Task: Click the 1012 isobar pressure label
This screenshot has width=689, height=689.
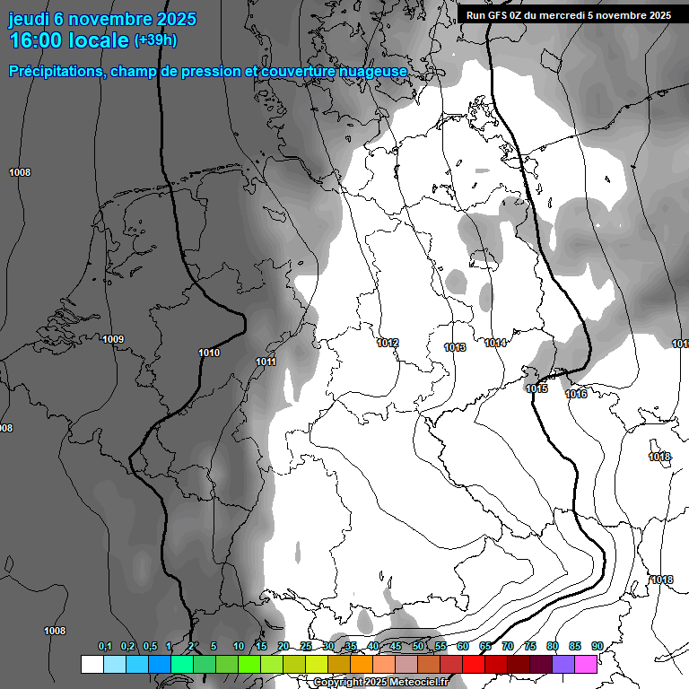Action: coord(388,343)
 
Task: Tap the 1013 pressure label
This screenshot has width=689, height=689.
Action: coord(455,347)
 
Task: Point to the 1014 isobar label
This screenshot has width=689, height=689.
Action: coord(496,343)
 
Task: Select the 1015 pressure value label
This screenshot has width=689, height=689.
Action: coord(536,388)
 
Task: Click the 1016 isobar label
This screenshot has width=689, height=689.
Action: coord(576,394)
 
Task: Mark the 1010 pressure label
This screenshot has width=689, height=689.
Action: coord(209,353)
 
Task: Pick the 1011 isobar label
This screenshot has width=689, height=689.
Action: coord(266,362)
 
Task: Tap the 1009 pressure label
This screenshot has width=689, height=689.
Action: coord(113,339)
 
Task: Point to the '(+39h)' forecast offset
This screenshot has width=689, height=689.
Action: coord(156,40)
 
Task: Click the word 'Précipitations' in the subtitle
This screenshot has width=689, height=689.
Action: coord(54,71)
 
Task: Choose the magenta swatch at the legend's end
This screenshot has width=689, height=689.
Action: coord(586,664)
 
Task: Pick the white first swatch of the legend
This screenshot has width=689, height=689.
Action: coord(92,664)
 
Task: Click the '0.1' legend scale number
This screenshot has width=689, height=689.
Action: coord(105,646)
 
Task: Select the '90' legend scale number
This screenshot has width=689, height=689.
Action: coord(597,646)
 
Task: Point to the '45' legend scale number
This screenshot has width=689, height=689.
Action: coord(396,646)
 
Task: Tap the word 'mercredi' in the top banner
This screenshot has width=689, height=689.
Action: coord(585,15)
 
